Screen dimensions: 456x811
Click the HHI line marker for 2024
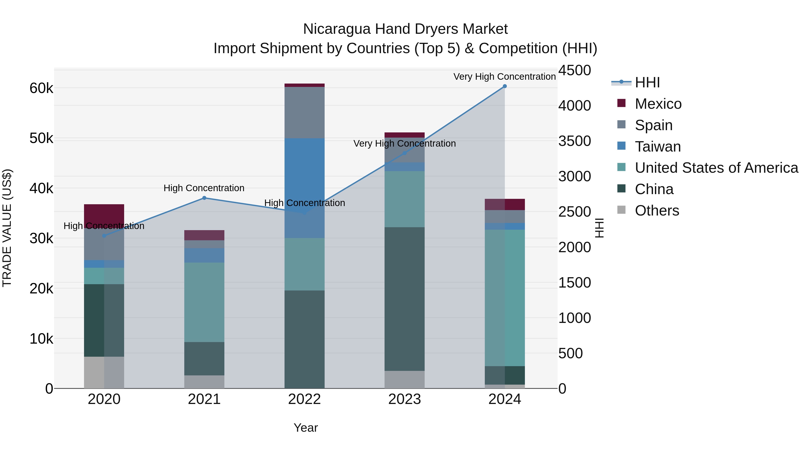[x=505, y=86]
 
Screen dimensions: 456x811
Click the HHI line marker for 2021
[x=204, y=198]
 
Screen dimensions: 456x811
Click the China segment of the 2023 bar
[x=405, y=299]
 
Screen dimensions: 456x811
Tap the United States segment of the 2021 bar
[x=204, y=302]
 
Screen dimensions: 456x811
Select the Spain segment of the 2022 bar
[x=304, y=112]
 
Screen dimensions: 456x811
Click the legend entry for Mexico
[x=658, y=104]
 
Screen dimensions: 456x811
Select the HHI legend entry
[x=647, y=82]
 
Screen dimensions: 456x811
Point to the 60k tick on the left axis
[x=41, y=88]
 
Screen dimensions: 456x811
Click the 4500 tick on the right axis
[x=574, y=70]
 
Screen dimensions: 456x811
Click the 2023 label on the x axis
[x=405, y=399]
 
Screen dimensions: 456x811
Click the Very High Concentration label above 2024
[x=504, y=77]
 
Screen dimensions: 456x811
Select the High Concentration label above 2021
[x=204, y=188]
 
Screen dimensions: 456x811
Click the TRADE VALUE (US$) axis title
[x=7, y=228]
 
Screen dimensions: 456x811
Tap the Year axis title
[x=306, y=428]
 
